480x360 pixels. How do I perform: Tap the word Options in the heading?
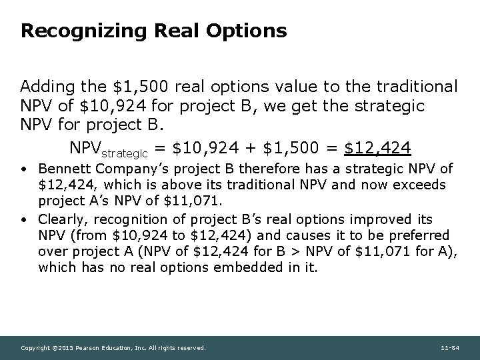(x=247, y=31)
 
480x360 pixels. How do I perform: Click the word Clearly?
(x=61, y=220)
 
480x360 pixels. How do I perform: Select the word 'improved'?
(x=378, y=220)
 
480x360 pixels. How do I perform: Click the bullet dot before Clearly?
(x=25, y=220)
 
